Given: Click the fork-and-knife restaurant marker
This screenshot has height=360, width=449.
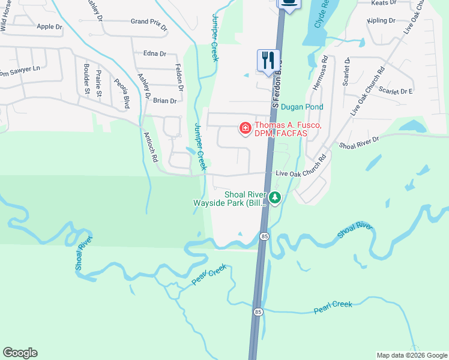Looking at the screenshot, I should tap(267, 61).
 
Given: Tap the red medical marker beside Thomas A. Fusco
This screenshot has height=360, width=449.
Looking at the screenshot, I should tap(245, 128).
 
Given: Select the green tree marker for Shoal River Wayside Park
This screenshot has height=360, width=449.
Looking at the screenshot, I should tap(275, 197).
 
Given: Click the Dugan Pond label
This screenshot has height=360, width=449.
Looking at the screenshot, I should tap(303, 107).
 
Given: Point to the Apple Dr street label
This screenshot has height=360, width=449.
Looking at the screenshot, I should tap(49, 26).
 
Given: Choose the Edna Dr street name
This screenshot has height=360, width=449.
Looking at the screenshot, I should tap(154, 53).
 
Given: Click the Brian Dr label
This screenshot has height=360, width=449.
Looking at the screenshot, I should tap(164, 101).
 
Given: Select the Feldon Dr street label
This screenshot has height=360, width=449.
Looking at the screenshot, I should tap(178, 77).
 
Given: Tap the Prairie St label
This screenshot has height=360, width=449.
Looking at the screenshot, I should tap(99, 84).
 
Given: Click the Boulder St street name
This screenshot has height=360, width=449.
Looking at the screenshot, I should tap(87, 78).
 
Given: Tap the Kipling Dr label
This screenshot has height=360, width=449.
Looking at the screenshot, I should tap(381, 20).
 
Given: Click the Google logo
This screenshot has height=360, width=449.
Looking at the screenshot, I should tap(20, 353).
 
